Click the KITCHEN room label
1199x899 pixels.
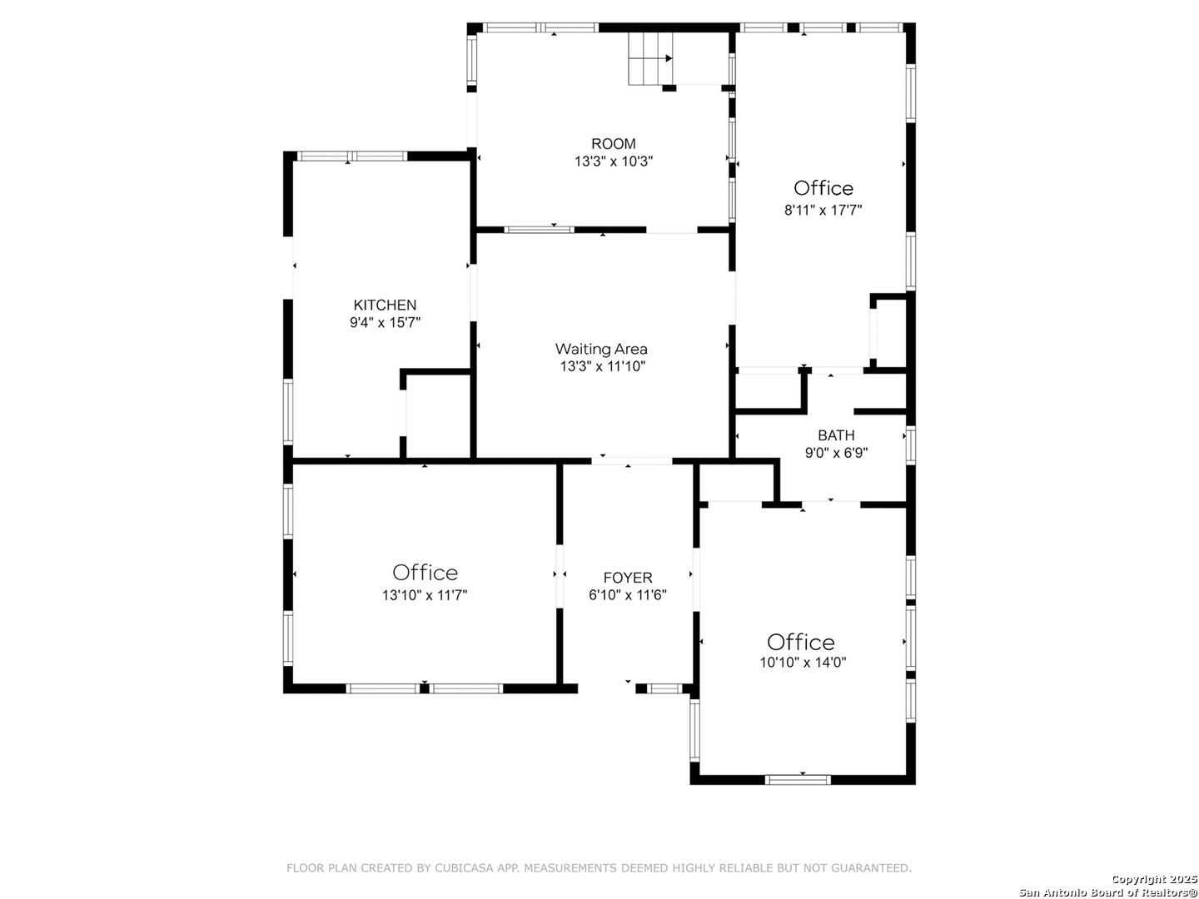[385, 305]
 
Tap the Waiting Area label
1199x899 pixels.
[601, 349]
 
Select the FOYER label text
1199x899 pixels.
[628, 577]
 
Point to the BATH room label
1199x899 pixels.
[835, 435]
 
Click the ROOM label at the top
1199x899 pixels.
[613, 144]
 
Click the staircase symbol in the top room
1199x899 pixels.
[650, 58]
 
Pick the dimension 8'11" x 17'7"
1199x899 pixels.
[823, 211]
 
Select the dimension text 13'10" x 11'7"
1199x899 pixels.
[425, 595]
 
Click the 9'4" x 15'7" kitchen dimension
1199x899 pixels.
[385, 323]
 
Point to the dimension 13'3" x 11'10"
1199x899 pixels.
[602, 366]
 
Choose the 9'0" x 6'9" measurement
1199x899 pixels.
[835, 453]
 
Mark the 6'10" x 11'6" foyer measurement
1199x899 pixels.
[628, 595]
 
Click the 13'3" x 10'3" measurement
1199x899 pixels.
[613, 161]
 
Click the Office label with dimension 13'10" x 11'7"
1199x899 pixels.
[425, 573]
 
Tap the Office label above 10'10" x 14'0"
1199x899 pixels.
[800, 642]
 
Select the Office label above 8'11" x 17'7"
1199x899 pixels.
[823, 188]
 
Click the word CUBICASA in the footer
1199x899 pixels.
[460, 868]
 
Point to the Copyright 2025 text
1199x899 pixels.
[1152, 879]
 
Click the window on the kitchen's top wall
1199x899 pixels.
[352, 156]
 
